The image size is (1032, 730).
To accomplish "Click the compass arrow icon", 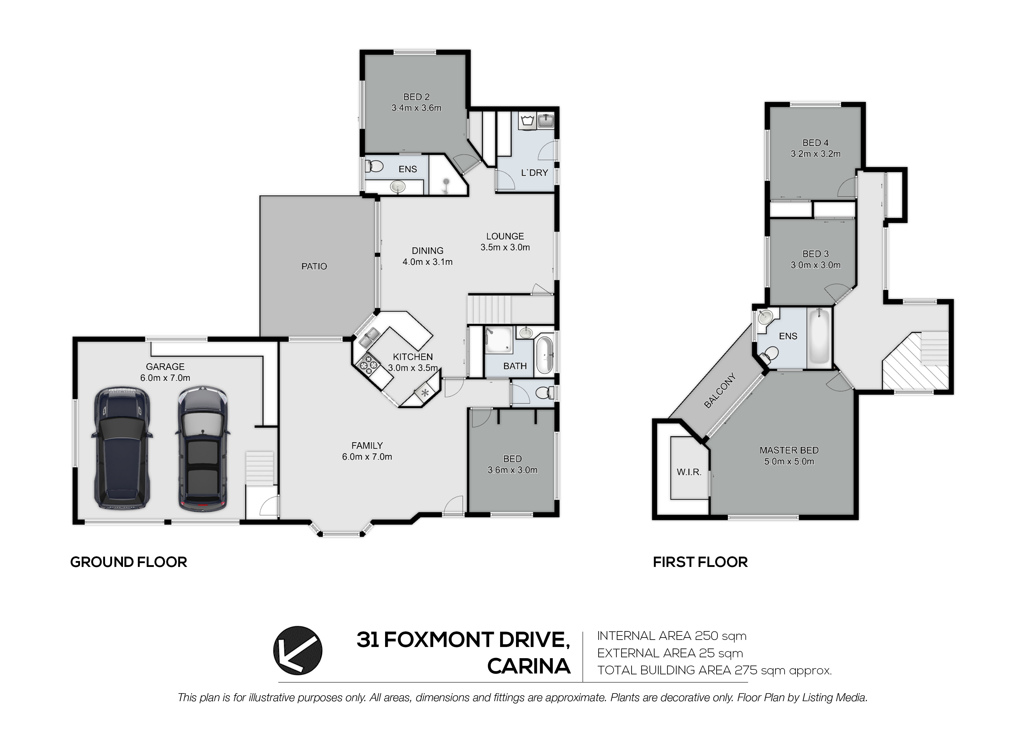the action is click(x=297, y=651).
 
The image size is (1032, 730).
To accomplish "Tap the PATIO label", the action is click(x=314, y=266).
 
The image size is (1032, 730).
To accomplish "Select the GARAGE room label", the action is click(x=165, y=366).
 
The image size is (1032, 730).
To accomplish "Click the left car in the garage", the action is click(x=122, y=447).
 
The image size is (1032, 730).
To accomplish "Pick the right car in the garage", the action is click(x=203, y=449).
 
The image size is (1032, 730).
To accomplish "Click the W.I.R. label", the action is click(x=689, y=472).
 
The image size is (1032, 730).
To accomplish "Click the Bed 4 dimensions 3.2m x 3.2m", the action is click(x=815, y=154).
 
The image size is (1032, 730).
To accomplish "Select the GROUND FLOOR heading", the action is click(x=129, y=562).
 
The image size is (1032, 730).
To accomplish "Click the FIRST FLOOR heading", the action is click(x=700, y=562).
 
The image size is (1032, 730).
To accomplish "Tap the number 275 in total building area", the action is click(x=746, y=670).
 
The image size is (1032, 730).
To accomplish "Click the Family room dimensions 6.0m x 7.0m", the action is click(x=367, y=457).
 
